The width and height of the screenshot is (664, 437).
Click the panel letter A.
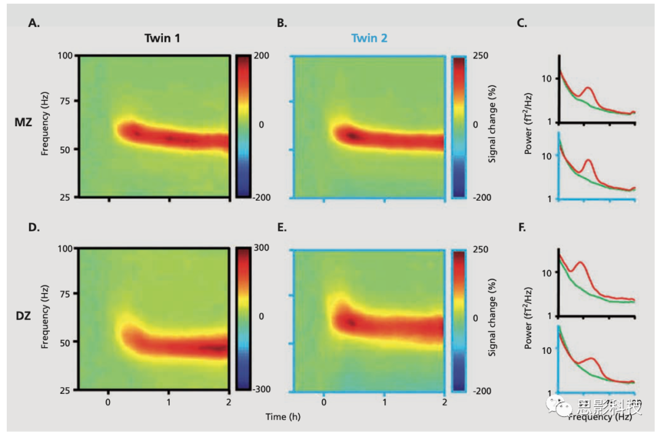33,23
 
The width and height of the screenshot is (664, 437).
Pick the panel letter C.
522,23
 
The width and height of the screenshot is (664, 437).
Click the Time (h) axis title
283,417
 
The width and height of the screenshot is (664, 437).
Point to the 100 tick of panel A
65,55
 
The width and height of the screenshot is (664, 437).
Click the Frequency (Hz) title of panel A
45,126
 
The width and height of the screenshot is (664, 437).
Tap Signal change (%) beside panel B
492,126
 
